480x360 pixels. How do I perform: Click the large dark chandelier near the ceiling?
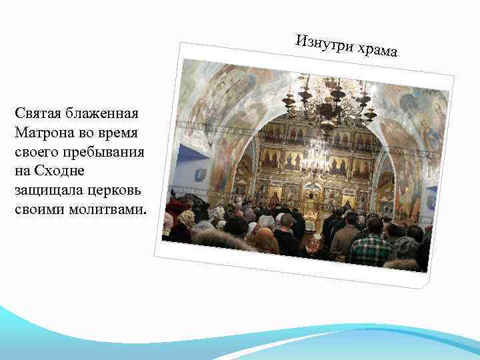(329, 100)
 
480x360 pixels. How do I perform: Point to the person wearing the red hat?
(175, 206)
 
